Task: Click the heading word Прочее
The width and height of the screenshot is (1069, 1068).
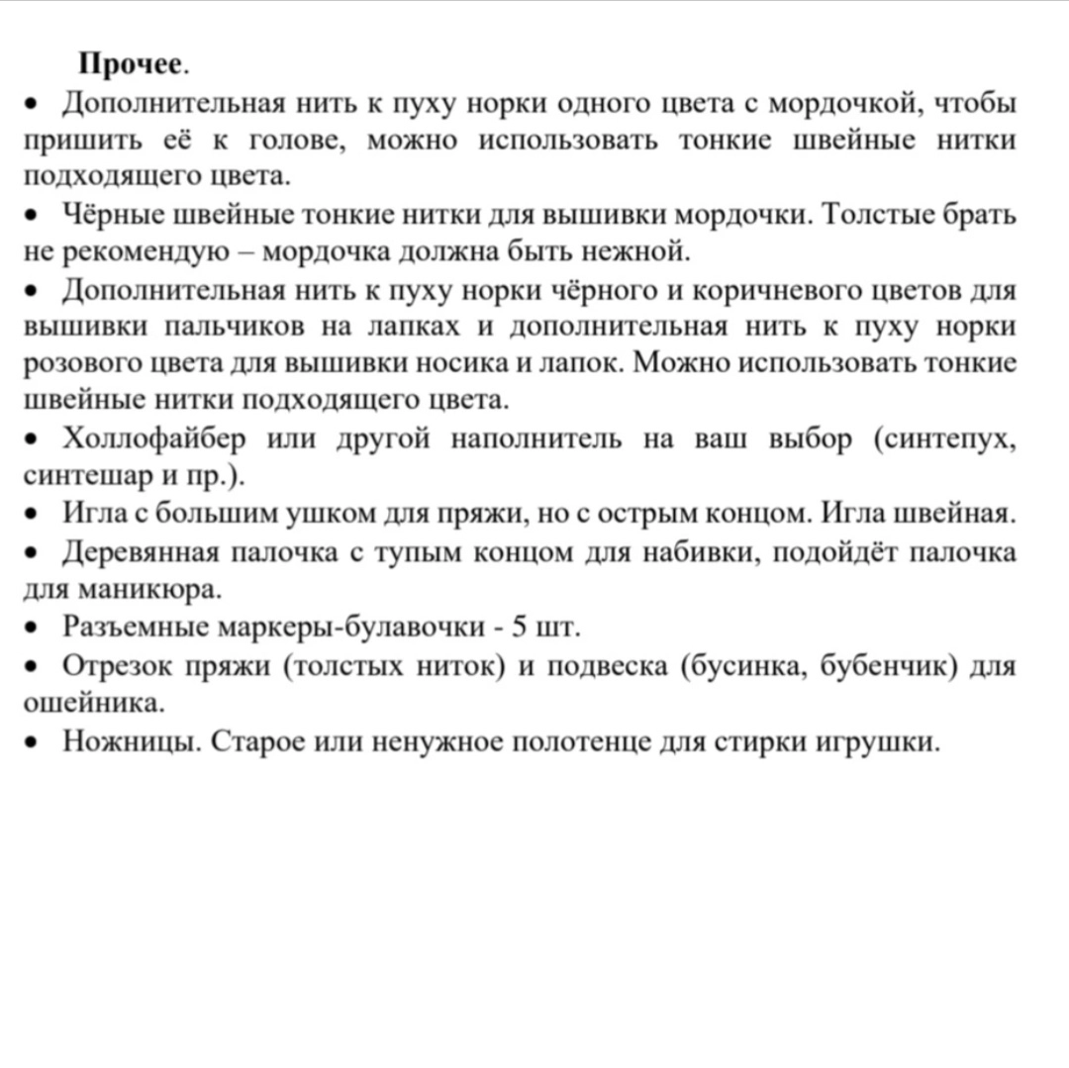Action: (131, 64)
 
